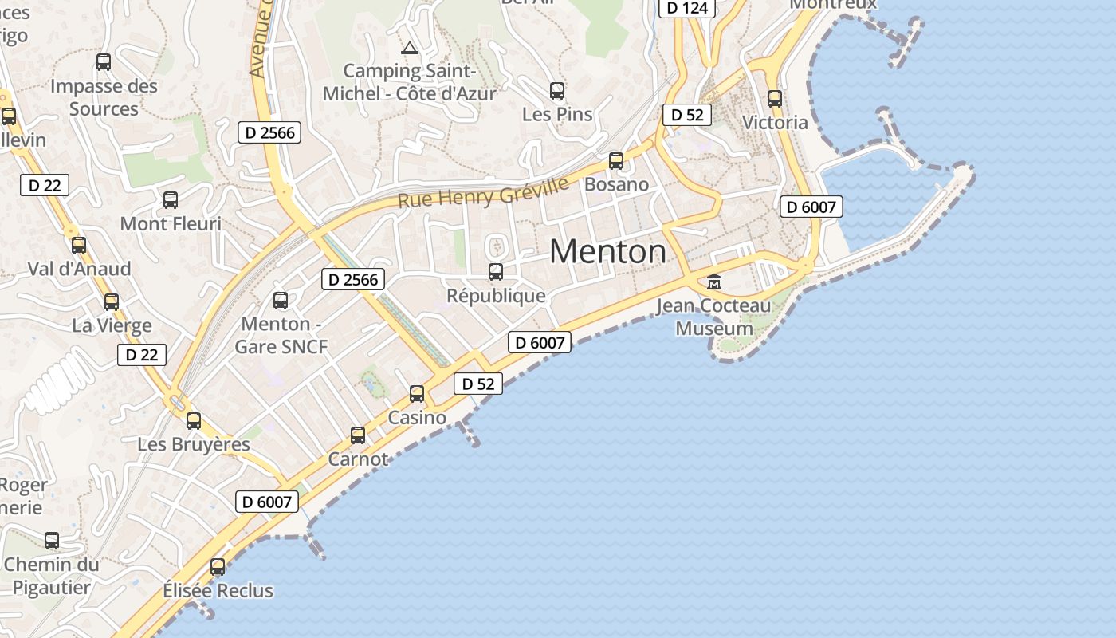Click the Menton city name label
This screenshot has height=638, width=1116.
click(607, 252)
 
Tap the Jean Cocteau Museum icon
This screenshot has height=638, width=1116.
click(714, 282)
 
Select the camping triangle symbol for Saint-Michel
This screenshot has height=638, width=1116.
click(410, 49)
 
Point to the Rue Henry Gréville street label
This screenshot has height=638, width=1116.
click(483, 192)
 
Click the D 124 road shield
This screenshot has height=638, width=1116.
click(687, 8)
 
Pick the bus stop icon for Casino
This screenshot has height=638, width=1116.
click(417, 393)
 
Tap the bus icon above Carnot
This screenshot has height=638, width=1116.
click(358, 435)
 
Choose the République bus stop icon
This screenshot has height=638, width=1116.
click(496, 272)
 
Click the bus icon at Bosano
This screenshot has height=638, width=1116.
click(616, 161)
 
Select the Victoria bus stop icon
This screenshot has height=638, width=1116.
click(775, 99)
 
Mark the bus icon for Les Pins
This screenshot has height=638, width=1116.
click(557, 91)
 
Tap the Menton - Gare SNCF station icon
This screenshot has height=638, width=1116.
click(281, 301)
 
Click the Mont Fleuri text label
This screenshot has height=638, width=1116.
click(171, 224)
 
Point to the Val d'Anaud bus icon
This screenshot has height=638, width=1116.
click(79, 246)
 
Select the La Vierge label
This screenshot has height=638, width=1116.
click(112, 325)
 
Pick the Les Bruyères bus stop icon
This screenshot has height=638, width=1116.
click(194, 421)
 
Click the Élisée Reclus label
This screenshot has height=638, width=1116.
click(218, 591)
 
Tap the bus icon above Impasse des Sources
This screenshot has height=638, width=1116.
click(104, 62)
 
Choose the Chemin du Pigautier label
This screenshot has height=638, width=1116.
click(52, 576)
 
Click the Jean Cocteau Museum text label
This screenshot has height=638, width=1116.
click(714, 317)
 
